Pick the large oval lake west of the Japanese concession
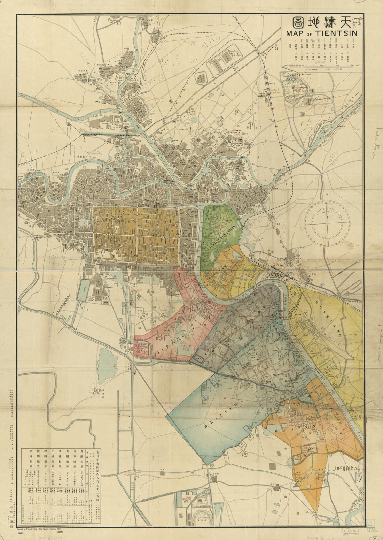(107, 360)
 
